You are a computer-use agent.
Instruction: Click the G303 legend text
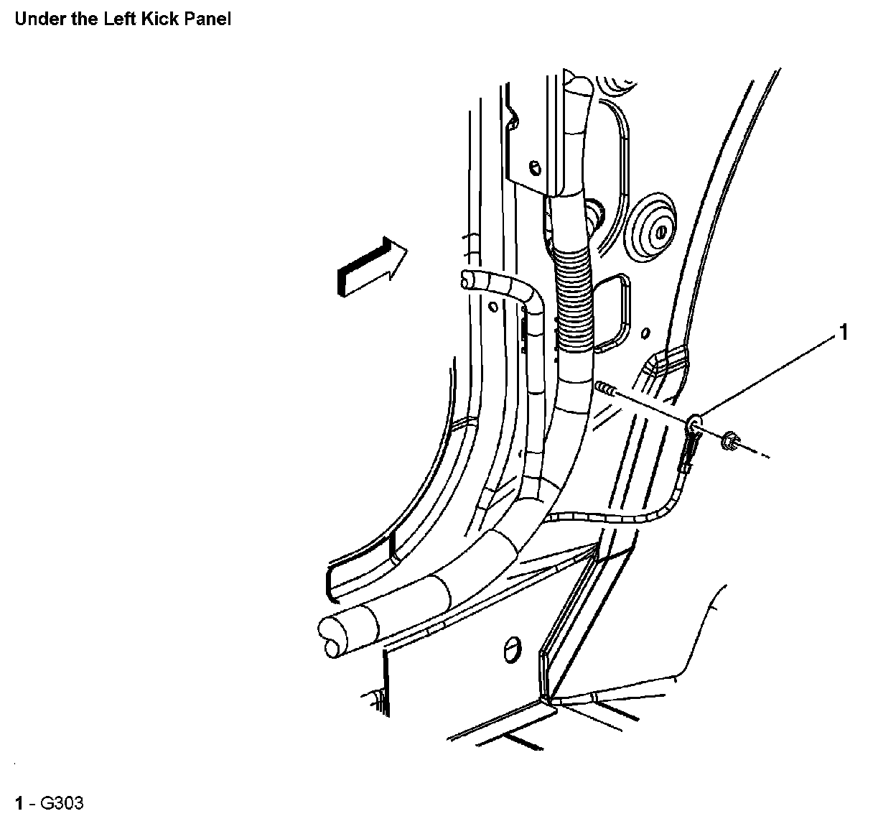tap(61, 802)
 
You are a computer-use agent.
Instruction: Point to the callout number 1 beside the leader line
tap(844, 332)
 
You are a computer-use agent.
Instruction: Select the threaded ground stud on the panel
tap(605, 389)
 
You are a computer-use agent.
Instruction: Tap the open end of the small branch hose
tap(467, 279)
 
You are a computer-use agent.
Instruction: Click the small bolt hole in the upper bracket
tap(535, 168)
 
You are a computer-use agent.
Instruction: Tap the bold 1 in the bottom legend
tap(19, 802)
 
